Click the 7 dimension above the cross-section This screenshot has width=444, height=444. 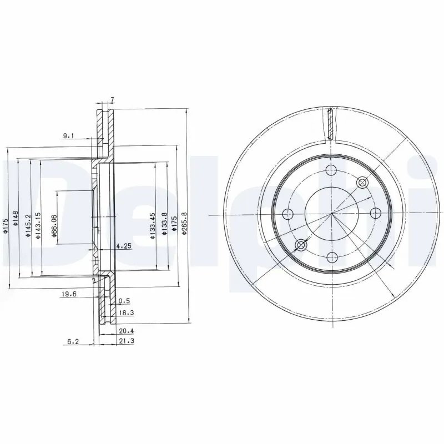[113, 99]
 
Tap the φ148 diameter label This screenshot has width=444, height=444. [16, 218]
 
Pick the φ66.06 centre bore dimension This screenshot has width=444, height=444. [54, 226]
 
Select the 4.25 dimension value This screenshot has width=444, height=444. [123, 245]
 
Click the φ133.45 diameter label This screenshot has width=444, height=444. [153, 225]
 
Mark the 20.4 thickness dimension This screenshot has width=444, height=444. [126, 330]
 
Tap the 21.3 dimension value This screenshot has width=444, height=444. [126, 341]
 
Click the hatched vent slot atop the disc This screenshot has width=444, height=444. [331, 124]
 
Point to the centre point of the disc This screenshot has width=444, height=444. [331, 214]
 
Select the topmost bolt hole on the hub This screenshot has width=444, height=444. [331, 170]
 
